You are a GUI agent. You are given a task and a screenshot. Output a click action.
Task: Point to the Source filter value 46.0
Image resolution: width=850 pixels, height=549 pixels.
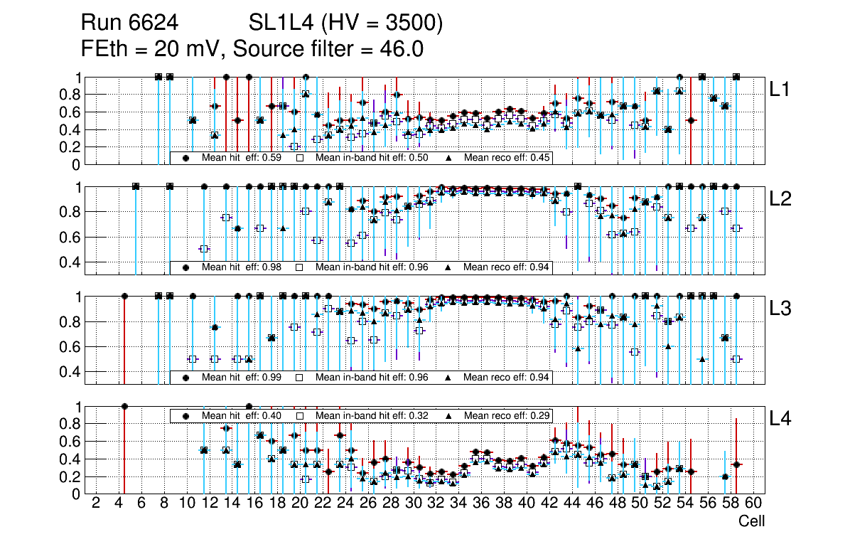(x=410, y=49)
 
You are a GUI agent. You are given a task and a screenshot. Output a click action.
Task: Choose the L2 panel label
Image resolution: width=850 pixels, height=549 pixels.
(x=780, y=198)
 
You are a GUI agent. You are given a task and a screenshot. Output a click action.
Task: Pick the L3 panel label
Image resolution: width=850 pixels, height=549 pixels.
(x=780, y=309)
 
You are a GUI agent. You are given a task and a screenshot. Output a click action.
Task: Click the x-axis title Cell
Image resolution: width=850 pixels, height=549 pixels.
(x=751, y=521)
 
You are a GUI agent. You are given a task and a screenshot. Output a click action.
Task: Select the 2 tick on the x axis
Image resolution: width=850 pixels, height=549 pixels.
(x=96, y=503)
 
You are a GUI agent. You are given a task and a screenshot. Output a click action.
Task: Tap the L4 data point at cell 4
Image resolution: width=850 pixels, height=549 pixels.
(x=124, y=406)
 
